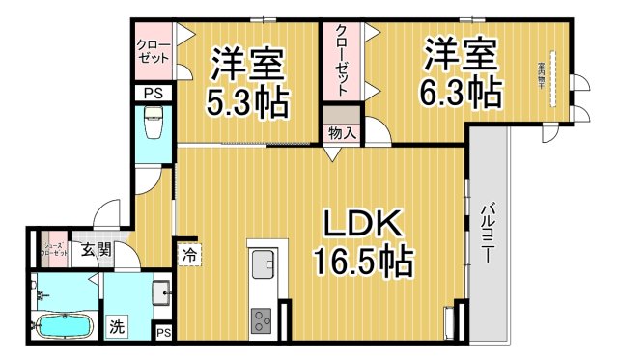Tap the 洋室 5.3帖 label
248,83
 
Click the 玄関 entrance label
96,251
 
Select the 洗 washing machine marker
116,326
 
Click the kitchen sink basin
264,263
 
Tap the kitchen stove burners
263,320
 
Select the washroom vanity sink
160,292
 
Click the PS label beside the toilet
153,93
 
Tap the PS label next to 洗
164,333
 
